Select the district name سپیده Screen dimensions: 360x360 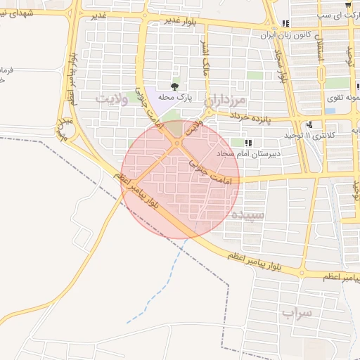point(249,214)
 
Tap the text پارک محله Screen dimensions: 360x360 point(176,97)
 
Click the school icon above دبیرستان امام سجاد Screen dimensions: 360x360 point(247,142)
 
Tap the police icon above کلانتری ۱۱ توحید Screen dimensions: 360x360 point(309,124)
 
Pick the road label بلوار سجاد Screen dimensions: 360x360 point(283,67)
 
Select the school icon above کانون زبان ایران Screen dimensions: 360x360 point(285,24)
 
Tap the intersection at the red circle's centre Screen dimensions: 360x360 point(180,179)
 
